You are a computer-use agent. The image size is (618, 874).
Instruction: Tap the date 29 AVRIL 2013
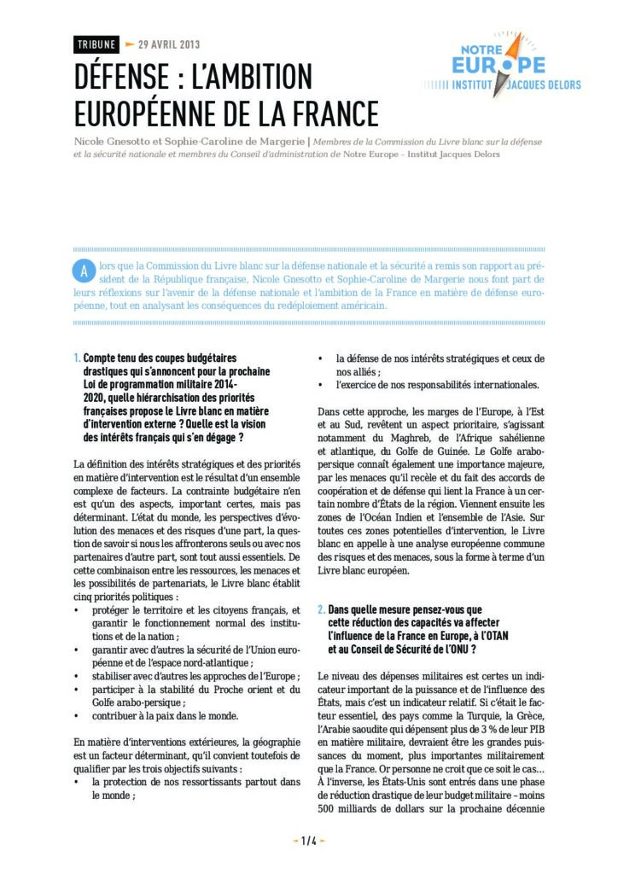tap(169, 44)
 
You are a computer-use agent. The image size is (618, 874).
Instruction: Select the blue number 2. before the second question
tap(321, 610)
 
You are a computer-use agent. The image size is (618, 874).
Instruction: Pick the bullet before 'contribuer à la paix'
tap(78, 715)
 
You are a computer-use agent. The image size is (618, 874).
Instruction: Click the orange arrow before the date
tap(130, 44)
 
